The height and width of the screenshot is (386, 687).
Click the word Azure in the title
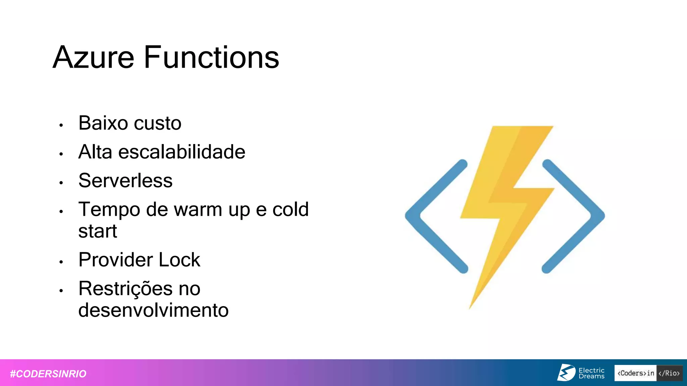94,58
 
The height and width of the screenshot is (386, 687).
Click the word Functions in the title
211,58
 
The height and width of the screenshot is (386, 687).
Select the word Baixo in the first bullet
103,123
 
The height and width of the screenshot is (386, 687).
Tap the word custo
158,123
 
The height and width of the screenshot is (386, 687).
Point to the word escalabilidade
182,152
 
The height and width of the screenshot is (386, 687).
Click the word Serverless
125,181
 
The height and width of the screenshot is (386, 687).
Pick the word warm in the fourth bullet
198,210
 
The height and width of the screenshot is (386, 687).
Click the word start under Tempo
98,231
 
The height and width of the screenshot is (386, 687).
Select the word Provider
115,260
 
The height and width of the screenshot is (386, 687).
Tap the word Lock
179,260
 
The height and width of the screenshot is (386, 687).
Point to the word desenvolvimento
153,310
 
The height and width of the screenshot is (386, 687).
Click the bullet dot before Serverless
61,183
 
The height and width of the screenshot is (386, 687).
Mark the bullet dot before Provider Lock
61,262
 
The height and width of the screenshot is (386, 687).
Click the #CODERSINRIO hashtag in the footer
48,374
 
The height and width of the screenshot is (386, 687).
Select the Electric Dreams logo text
591,373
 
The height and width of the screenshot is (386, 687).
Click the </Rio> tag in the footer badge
669,373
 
